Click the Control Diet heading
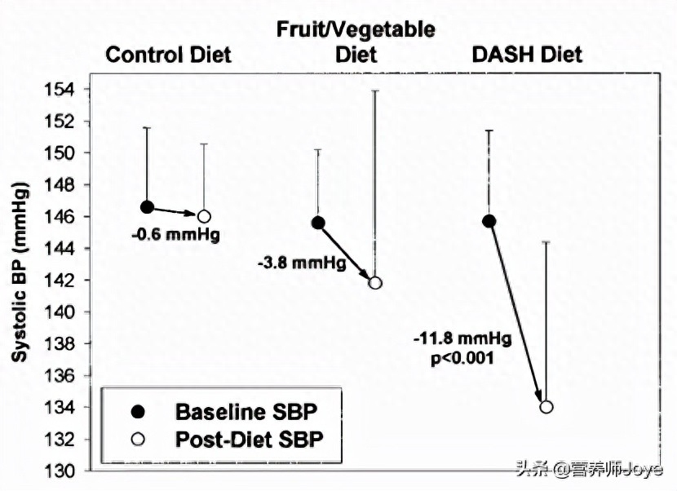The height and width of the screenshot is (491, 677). coord(169,55)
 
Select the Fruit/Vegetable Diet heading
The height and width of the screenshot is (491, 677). coord(356,42)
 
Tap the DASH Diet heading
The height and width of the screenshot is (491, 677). coord(527,55)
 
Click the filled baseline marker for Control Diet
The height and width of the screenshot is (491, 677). coord(147,207)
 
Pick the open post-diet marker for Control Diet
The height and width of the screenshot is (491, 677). coord(204,216)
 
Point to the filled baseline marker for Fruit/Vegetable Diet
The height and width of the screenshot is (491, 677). coord(318,223)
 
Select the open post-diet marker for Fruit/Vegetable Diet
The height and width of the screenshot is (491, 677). coord(375,283)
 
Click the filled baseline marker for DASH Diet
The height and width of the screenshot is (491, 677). coord(489,221)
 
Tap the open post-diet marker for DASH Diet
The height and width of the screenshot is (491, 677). coord(546,406)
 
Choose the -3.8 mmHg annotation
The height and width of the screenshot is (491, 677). coord(301,263)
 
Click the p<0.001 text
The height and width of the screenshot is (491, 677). coord(459,356)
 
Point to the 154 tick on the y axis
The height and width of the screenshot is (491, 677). coord(72,89)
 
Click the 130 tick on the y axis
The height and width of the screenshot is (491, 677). coord(72,471)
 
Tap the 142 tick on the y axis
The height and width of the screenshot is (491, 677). coord(72,280)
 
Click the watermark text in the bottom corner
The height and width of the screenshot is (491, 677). coord(604,470)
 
